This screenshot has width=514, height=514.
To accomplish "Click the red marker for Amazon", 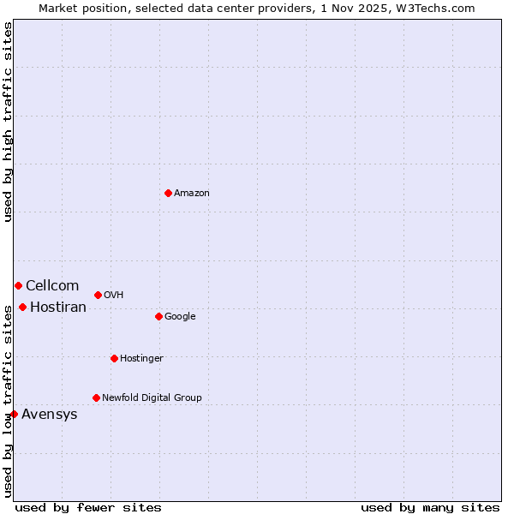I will coord(168,193).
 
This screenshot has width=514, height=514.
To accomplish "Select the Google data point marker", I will coord(158,316).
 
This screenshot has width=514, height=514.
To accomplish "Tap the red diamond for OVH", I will coord(98,295).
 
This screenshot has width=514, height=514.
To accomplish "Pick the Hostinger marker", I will coord(114,358).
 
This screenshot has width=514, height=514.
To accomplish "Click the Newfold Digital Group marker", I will coord(96,397).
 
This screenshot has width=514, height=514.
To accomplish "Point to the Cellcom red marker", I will coord(18,285).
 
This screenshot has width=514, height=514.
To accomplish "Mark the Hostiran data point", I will coord(22,307).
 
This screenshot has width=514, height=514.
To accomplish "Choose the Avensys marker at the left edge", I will coord(14,414).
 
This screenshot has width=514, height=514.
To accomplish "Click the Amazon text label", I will coord(192,194).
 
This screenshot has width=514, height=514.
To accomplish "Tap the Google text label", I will coord(180,317).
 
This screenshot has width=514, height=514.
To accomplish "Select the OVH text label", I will coord(114,296).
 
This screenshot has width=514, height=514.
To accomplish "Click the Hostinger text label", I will coord(141,359).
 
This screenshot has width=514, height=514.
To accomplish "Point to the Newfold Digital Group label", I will coord(152,398).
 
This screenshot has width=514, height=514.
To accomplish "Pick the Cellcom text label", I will coord(52,286).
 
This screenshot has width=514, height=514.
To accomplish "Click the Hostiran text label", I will coord(58,308).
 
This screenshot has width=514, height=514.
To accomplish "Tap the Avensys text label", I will coord(50,415).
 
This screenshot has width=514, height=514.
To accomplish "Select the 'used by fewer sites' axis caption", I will coord(88,507).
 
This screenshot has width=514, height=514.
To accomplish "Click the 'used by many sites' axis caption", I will coord(430,507).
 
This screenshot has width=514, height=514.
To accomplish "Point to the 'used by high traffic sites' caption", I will coord(8,122).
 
